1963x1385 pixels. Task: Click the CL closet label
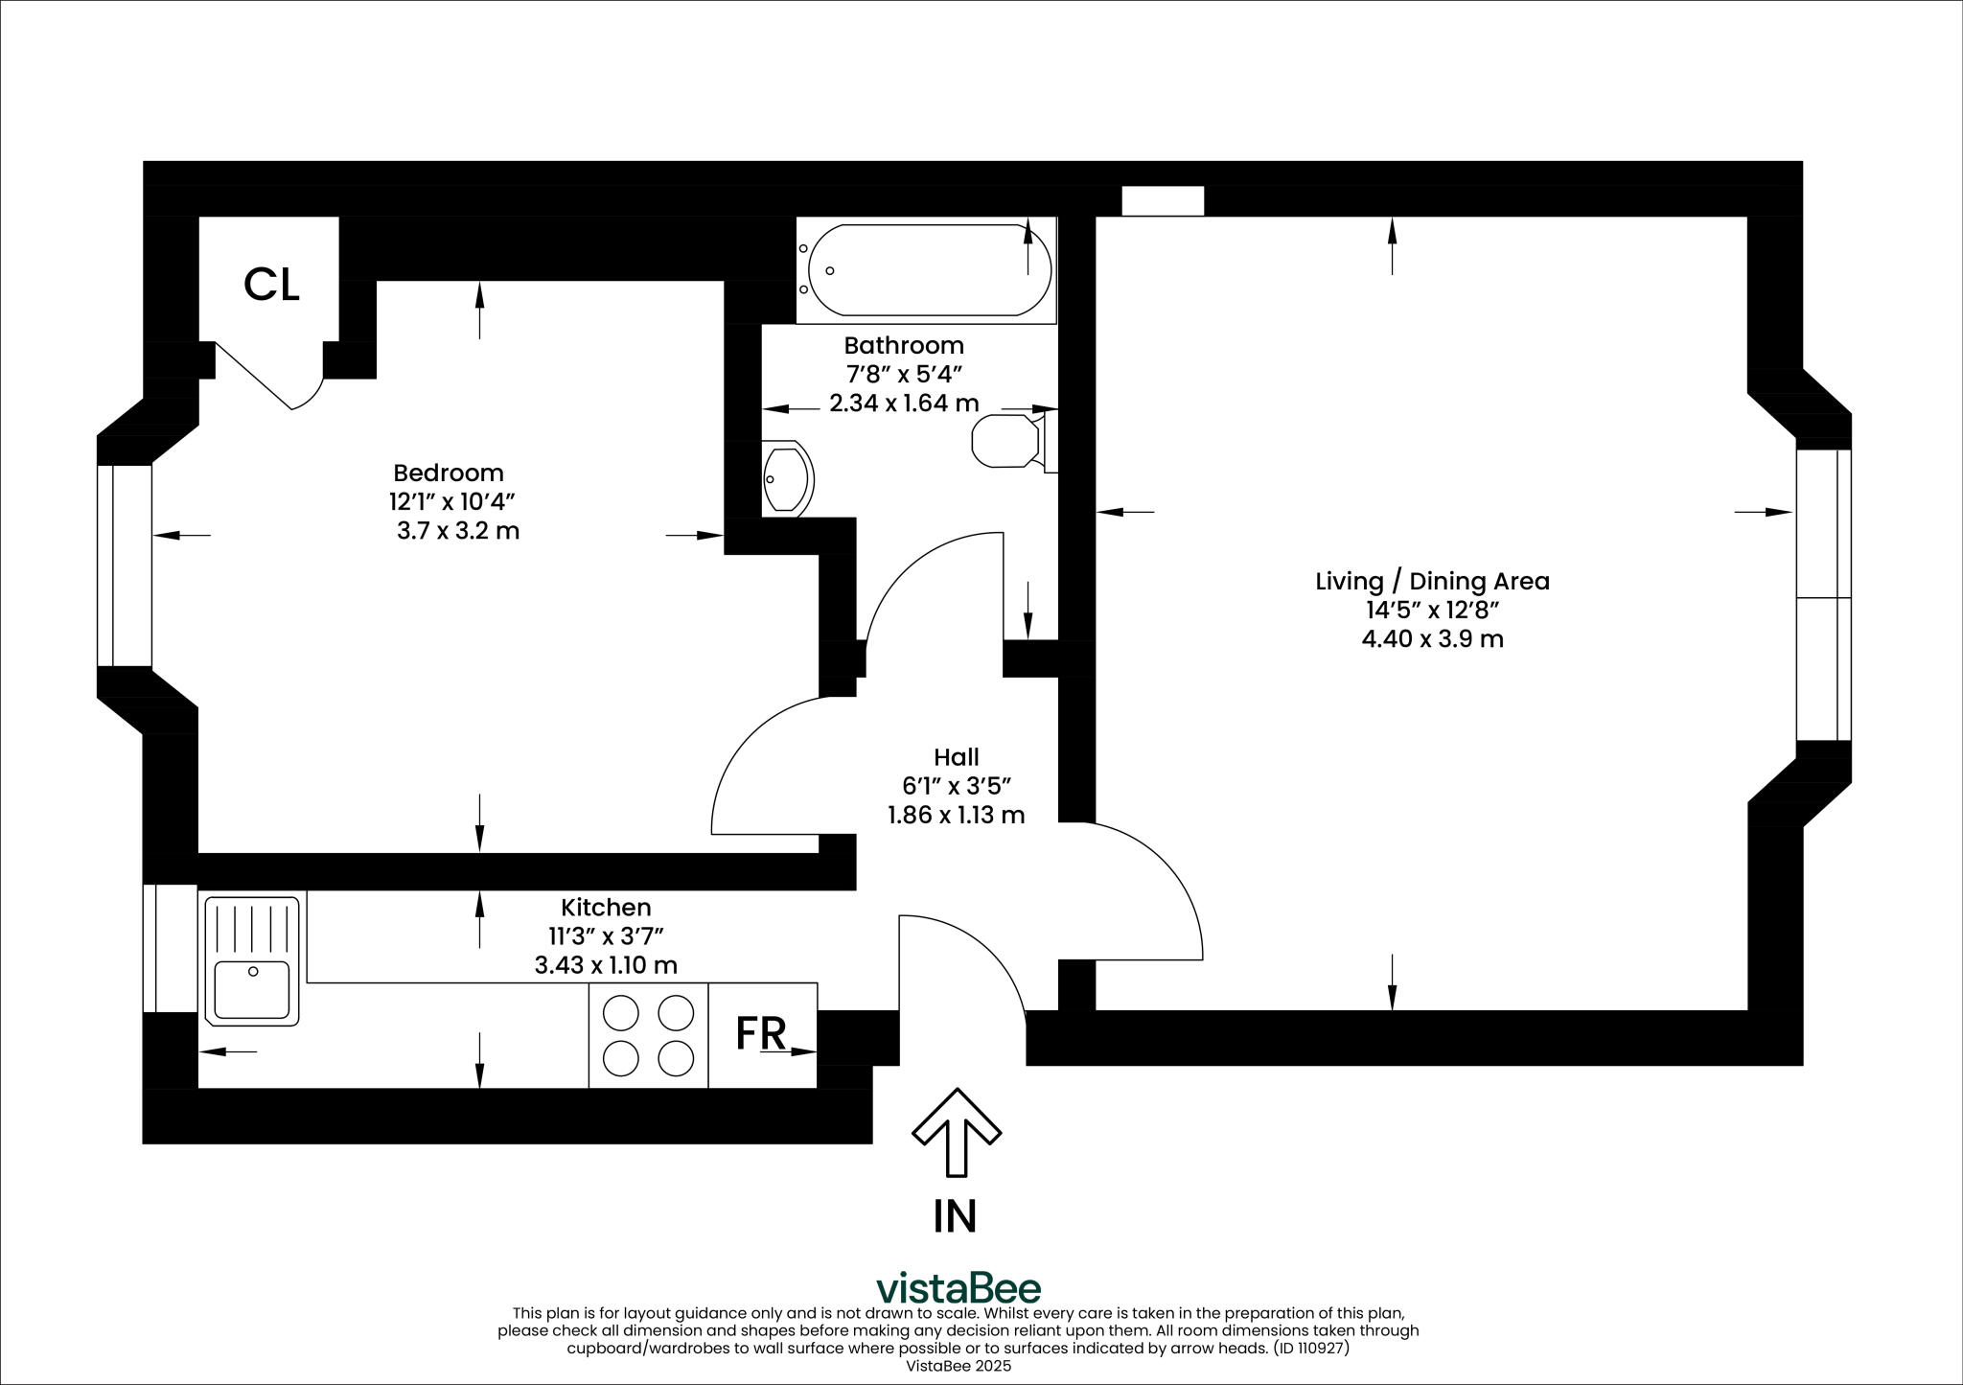271,285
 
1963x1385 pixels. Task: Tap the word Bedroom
449,473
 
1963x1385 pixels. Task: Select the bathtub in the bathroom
917,270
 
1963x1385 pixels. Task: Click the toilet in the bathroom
1007,441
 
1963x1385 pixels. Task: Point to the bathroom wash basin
787,478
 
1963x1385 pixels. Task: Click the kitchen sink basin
251,989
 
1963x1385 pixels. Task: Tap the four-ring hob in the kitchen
648,1035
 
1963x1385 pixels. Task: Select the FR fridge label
761,1033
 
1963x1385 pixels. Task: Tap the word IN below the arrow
955,1215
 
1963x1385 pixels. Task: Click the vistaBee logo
958,1288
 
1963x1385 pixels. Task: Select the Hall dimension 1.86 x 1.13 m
956,816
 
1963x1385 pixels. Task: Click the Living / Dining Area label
1432,581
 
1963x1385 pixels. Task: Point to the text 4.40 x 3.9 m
1432,638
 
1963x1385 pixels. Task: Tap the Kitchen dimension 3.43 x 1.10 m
606,965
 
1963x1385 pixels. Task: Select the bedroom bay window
125,566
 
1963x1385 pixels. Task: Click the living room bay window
1823,594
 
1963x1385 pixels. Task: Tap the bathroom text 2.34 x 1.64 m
903,404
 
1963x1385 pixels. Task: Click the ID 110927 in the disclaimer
1309,1348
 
